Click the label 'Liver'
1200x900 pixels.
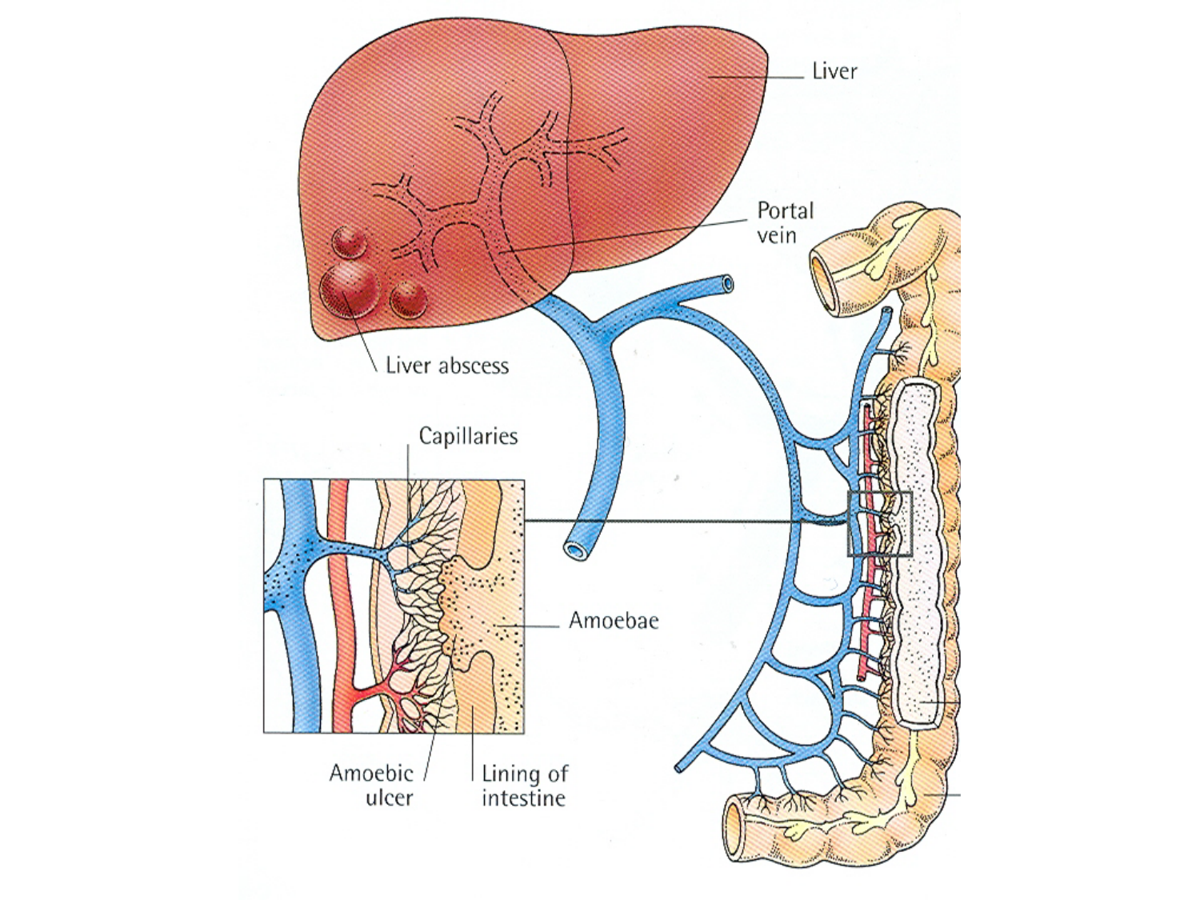834,71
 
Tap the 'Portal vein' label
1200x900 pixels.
785,222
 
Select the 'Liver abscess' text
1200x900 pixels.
446,366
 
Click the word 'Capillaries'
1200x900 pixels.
468,436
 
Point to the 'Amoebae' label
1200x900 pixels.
614,620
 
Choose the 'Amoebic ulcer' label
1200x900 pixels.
372,785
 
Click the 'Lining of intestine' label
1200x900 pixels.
524,785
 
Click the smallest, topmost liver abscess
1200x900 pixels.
350,241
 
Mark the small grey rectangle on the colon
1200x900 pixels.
880,524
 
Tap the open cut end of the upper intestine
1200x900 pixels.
825,284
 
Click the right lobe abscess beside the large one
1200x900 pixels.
408,299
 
